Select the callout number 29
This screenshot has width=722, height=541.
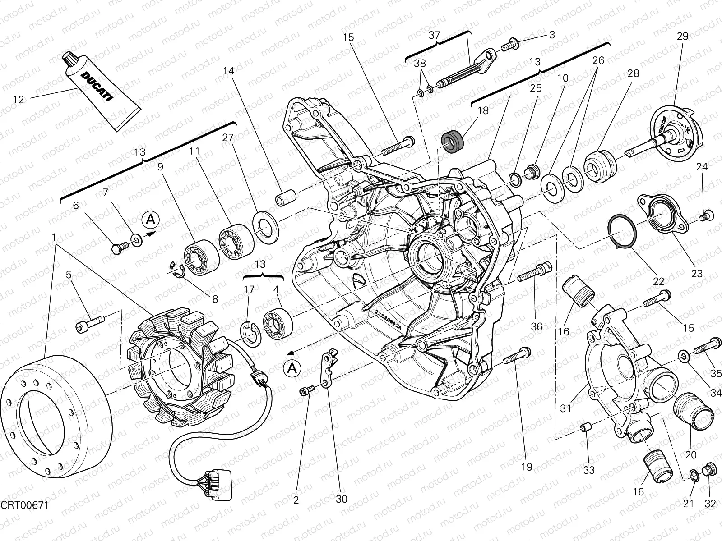(682, 37)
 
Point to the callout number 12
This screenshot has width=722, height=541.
(19, 100)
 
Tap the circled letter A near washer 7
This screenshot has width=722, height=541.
(151, 220)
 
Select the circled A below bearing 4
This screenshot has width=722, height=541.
(292, 369)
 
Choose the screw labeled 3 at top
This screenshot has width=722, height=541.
(510, 44)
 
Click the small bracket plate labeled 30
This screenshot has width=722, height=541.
(329, 367)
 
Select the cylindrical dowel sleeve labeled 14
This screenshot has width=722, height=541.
(285, 199)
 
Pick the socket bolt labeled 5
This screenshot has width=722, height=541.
(90, 322)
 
